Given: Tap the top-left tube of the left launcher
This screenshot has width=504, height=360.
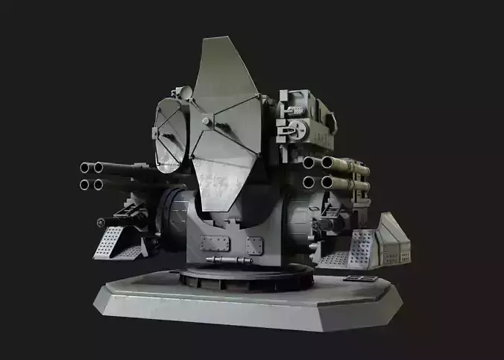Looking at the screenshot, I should pos(84,168).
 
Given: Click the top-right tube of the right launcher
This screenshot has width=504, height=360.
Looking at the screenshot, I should pos(326,162).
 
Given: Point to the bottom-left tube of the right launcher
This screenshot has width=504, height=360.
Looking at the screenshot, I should pos(308,181).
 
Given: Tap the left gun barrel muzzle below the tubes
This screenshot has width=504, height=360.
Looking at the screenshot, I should pos(101,222).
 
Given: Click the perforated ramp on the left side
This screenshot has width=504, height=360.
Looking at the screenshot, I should pos(116,242).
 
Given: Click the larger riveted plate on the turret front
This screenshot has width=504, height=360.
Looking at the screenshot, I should pos(215,243).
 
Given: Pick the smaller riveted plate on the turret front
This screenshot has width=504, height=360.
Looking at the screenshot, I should pos(254,244).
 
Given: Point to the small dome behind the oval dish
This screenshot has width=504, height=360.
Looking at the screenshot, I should pos(180,92).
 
